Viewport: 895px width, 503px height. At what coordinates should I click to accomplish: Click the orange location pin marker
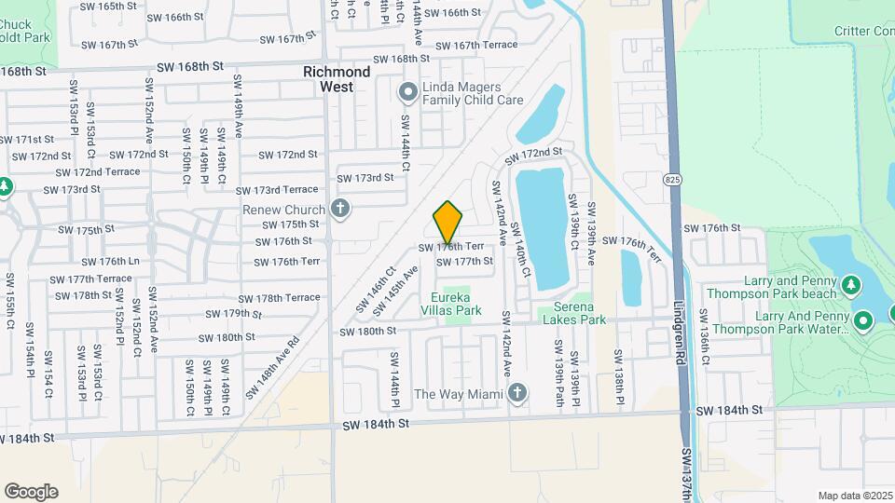[x=448, y=222]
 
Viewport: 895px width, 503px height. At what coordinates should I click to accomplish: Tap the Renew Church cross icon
[x=340, y=209]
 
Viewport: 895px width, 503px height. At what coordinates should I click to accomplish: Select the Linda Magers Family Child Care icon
[x=406, y=92]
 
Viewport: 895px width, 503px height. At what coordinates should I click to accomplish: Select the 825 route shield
[x=671, y=178]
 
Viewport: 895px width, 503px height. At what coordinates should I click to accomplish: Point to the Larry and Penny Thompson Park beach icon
[x=849, y=282]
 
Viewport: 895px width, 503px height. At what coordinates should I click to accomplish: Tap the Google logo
[x=31, y=492]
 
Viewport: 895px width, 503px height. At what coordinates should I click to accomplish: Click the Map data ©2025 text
[x=854, y=496]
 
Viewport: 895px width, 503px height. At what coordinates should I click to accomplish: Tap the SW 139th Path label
[x=559, y=371]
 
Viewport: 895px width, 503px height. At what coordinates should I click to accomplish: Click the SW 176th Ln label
[x=111, y=262]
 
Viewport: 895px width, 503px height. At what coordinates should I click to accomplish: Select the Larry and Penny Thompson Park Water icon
[x=863, y=322]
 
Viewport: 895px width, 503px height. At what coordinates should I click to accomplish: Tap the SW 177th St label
[x=471, y=262]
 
